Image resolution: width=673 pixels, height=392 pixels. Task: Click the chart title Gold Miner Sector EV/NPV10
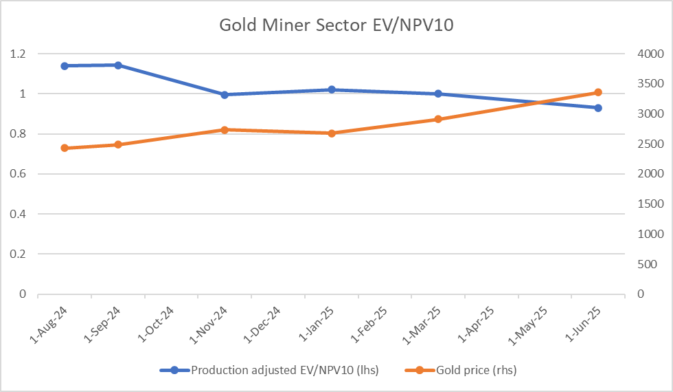(x=336, y=25)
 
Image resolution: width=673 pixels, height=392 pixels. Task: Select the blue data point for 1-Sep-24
(x=118, y=65)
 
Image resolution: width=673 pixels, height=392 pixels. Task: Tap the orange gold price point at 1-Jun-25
(x=598, y=92)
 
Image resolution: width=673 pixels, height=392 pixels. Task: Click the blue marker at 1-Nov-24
(x=225, y=95)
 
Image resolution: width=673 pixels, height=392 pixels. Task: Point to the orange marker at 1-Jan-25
(x=331, y=133)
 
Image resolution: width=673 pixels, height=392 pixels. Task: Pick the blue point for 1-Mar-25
(x=438, y=94)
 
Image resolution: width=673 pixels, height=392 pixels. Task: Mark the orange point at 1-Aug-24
(x=65, y=148)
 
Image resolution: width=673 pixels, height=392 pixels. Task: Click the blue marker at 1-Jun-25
(x=598, y=108)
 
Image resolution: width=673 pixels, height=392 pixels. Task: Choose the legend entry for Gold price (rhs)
(x=461, y=370)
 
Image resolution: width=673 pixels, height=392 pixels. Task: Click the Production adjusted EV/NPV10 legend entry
(x=269, y=370)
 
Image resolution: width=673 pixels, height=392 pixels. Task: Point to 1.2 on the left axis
(x=18, y=54)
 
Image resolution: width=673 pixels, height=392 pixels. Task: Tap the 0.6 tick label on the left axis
(x=18, y=173)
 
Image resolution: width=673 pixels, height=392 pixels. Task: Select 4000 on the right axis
(x=651, y=54)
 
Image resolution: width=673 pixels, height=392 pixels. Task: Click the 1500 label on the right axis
(x=651, y=204)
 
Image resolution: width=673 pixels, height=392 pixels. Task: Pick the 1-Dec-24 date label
(x=262, y=325)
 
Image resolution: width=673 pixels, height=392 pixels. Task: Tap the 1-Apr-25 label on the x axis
(x=476, y=325)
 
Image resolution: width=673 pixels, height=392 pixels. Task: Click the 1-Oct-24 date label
(x=156, y=325)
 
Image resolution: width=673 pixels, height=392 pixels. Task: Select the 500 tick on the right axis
(x=648, y=264)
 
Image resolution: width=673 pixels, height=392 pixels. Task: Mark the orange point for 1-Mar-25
(x=438, y=119)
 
